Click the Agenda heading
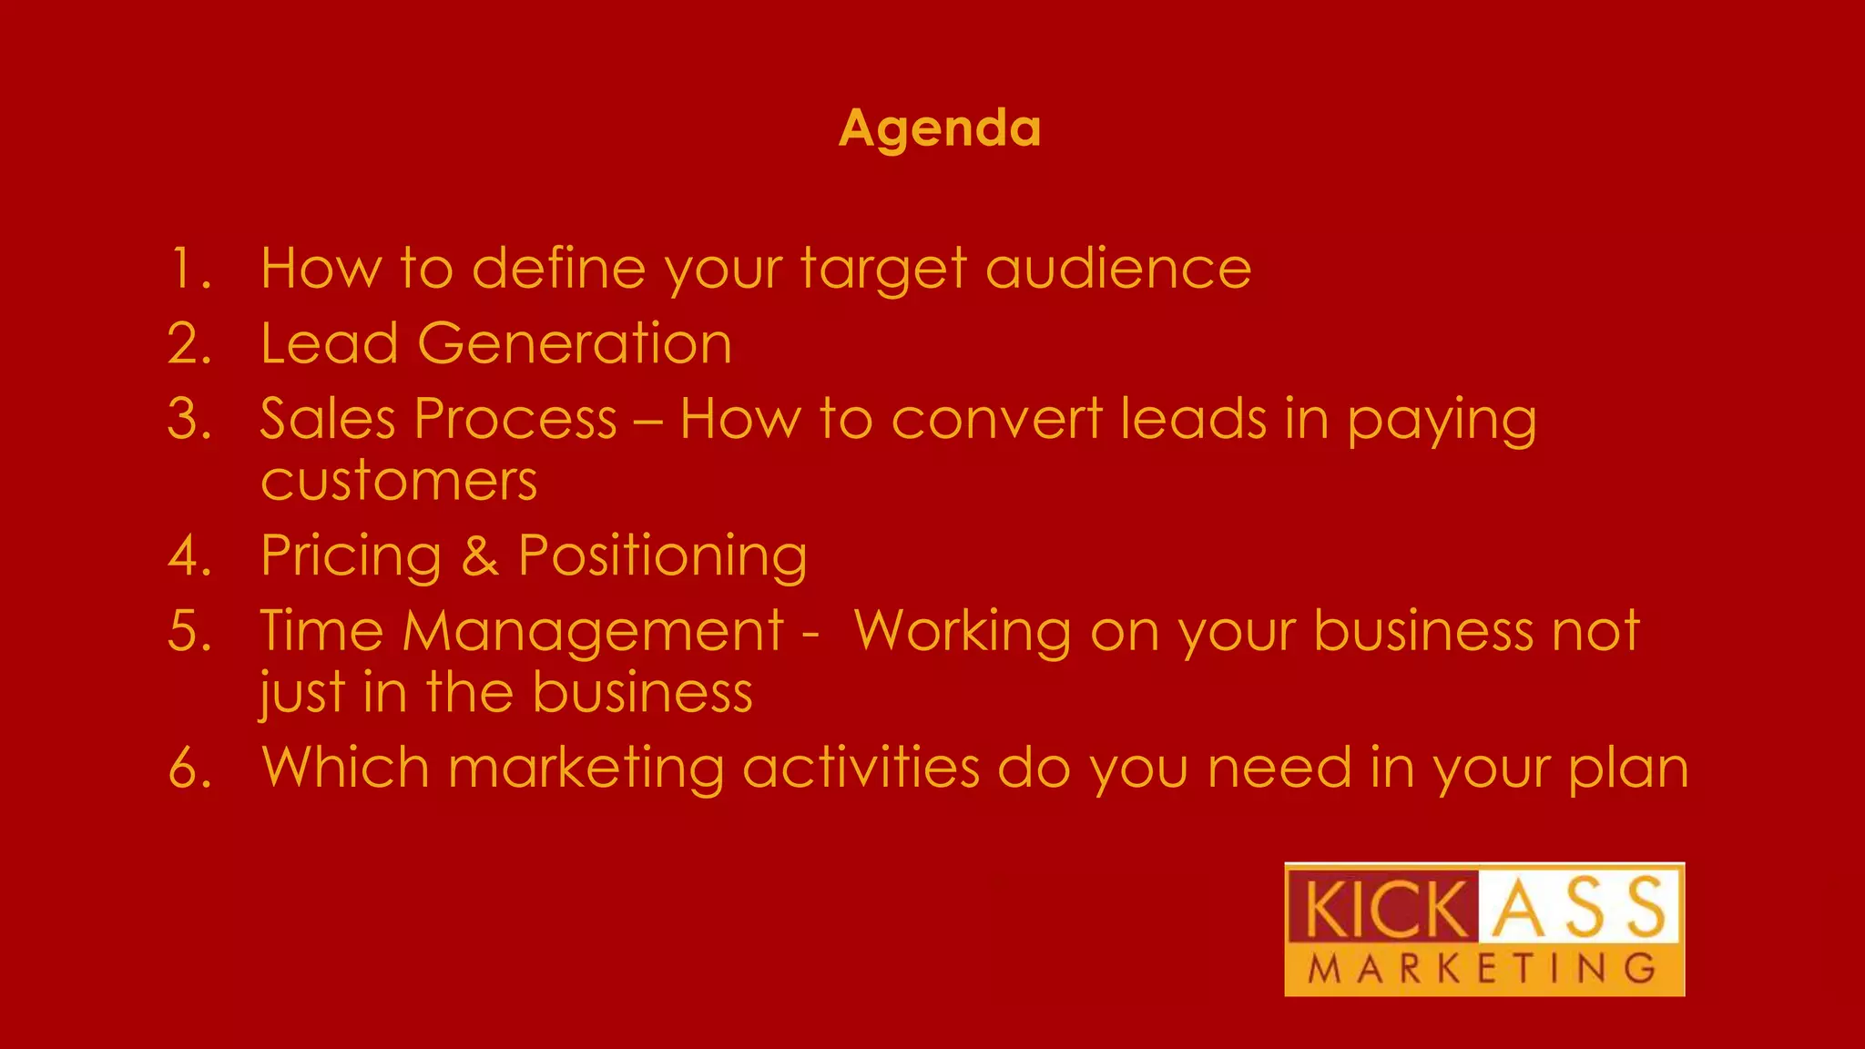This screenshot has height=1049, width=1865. (x=939, y=127)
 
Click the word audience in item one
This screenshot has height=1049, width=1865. (x=1118, y=269)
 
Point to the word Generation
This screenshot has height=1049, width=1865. (x=574, y=344)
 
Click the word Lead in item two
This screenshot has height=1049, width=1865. (x=329, y=344)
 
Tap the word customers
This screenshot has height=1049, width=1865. (x=399, y=481)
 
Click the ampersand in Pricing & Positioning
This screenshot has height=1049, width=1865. (x=480, y=556)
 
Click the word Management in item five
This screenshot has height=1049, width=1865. (x=593, y=631)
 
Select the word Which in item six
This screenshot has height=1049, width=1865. (x=345, y=768)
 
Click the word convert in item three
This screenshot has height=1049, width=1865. (x=996, y=420)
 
